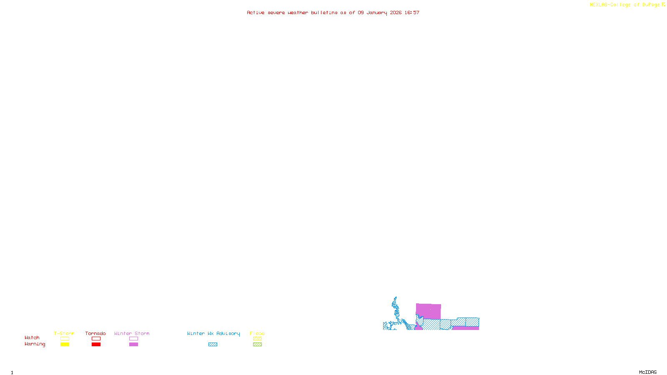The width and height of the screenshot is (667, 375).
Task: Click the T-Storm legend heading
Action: (64, 333)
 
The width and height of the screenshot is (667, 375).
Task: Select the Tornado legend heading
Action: (95, 333)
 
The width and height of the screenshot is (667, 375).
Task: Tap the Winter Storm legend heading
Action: (132, 333)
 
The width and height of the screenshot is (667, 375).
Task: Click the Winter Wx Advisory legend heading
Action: (213, 333)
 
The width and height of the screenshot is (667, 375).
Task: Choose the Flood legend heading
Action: (257, 333)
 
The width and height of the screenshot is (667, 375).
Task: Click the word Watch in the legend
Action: (32, 338)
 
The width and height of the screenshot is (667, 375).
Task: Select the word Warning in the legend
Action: (35, 344)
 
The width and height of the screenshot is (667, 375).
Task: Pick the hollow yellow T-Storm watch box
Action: (65, 339)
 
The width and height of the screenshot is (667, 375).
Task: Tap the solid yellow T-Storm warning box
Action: (65, 345)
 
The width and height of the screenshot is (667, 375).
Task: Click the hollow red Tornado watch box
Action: (96, 339)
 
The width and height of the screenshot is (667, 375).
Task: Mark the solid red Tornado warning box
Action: (96, 345)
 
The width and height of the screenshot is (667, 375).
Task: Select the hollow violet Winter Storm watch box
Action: (133, 339)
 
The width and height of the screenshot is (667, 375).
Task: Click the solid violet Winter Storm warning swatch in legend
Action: (133, 345)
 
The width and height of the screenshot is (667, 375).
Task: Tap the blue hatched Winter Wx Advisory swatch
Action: (213, 345)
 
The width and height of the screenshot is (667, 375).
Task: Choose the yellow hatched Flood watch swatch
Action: (257, 339)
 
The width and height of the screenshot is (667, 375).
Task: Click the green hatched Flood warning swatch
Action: (257, 345)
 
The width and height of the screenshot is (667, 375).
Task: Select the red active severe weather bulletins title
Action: (333, 13)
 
